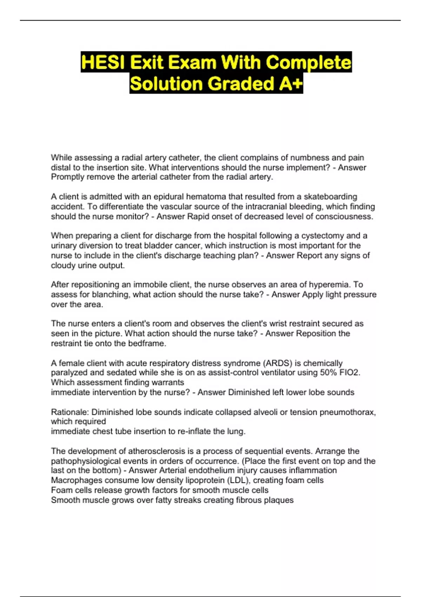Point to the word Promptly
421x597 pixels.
pyautogui.click(x=68, y=177)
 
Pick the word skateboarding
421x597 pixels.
pyautogui.click(x=330, y=197)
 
